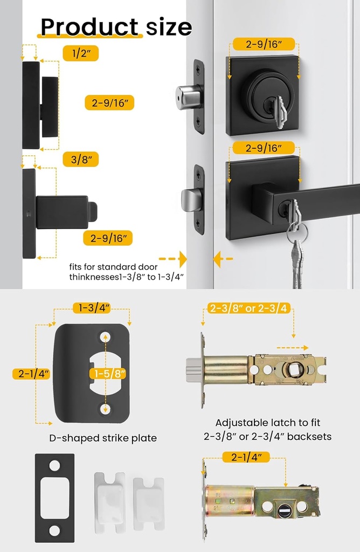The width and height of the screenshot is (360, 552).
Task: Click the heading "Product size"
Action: tap(116, 26)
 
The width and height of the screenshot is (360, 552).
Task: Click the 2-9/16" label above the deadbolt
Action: tap(263, 44)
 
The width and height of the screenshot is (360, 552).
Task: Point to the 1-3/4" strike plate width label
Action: tap(92, 308)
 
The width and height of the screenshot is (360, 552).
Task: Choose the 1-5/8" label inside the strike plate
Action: tap(105, 374)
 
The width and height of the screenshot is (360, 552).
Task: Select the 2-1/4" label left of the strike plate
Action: tap(31, 374)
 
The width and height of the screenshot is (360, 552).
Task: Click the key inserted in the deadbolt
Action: tap(279, 112)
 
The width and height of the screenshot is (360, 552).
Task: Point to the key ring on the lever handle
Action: tap(297, 232)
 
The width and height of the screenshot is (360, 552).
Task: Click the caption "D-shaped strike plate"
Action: tap(103, 438)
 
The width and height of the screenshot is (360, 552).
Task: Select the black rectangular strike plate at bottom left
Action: tap(54, 498)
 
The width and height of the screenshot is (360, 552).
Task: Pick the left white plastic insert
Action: tap(109, 499)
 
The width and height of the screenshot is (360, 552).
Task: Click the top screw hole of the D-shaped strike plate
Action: tap(105, 336)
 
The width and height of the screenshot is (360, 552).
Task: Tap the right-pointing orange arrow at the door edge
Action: tap(172, 259)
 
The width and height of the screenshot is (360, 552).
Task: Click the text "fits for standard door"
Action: tap(113, 267)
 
